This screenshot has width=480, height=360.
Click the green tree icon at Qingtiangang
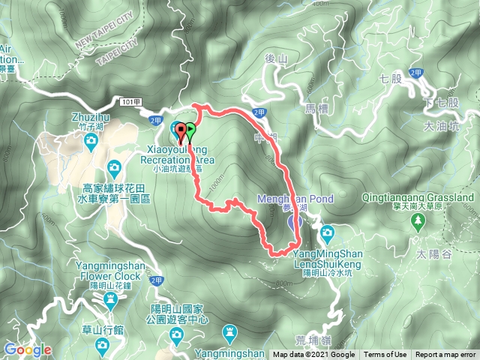click(x=418, y=220)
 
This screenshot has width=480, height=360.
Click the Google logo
click(x=27, y=349)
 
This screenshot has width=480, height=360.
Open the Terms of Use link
click(x=385, y=355)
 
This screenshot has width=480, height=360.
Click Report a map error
click(x=445, y=355)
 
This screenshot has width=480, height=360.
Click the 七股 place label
click(x=392, y=77)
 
